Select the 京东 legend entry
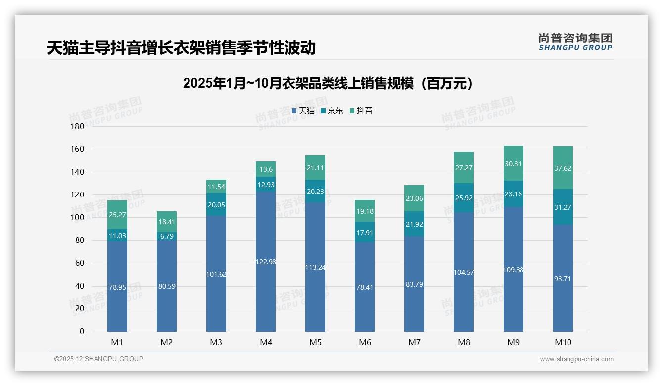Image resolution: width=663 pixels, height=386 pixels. coord(332,111)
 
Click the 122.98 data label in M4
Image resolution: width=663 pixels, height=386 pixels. coord(266,262)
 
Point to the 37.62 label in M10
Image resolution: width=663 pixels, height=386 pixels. coord(563,168)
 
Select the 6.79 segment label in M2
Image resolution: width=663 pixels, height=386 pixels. coord(167,236)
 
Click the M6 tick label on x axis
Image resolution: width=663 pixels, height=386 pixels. coord(365,342)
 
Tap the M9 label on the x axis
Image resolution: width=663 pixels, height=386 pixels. coord(513,342)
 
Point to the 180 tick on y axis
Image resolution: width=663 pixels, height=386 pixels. coord(78,127)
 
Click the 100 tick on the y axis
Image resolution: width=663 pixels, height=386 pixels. coord(78,218)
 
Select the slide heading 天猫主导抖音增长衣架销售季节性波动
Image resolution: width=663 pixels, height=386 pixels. coord(181,48)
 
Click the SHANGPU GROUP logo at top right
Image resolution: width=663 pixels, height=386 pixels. coord(575,42)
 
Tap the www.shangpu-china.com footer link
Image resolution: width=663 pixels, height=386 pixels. coord(576,359)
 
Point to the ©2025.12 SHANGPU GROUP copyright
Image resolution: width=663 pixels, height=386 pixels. coord(99,359)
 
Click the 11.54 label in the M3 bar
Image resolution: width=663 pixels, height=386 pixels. coord(216,187)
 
